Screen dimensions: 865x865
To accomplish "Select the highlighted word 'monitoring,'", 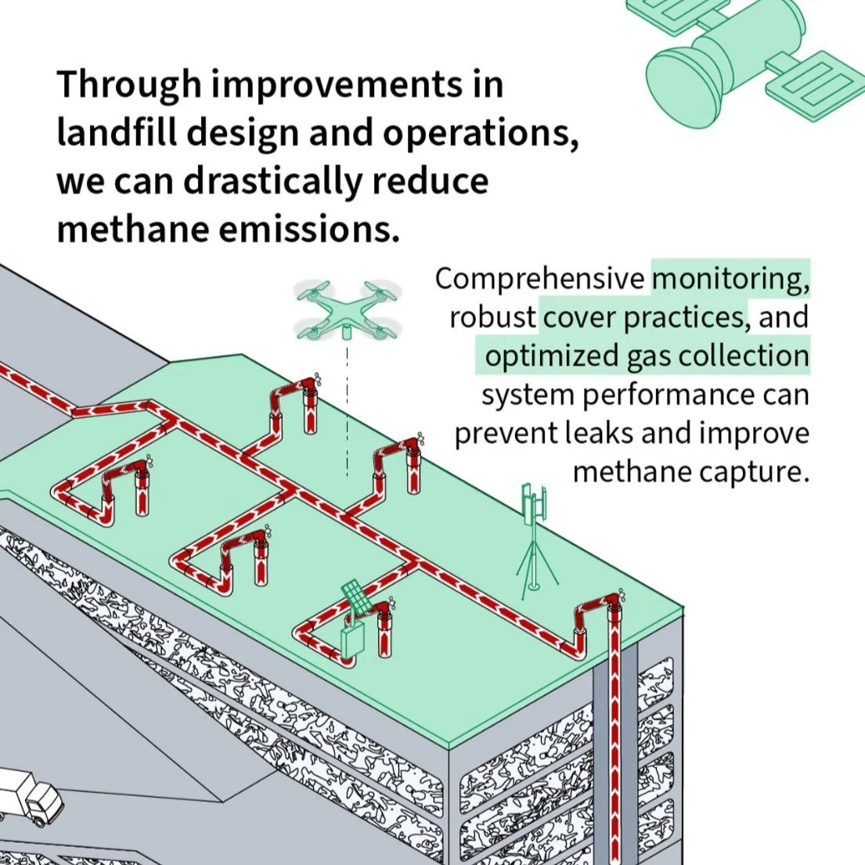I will click(730, 278).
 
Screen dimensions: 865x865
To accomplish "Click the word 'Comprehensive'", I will click(540, 279).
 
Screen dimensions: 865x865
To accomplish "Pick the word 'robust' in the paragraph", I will click(492, 317).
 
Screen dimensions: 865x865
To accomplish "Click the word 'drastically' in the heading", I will click(274, 182).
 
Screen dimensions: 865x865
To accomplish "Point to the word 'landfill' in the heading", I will click(115, 134).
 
